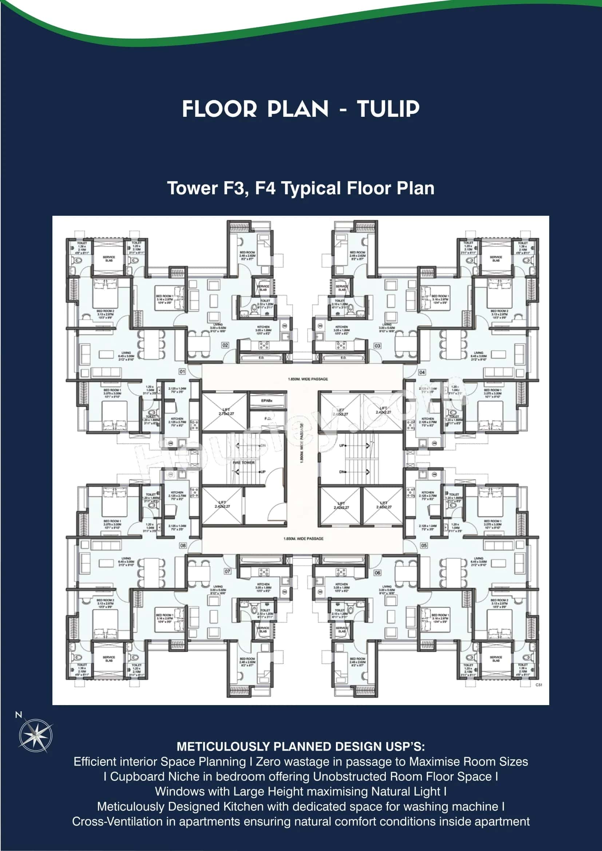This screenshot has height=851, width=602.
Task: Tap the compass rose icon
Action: point(36,736)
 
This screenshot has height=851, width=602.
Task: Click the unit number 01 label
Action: point(182,371)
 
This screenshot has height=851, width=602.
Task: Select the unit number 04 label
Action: point(422,372)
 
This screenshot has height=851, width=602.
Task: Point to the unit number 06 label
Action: point(377,573)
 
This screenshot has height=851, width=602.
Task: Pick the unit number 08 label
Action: point(183,546)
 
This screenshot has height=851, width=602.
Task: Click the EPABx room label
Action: point(266,401)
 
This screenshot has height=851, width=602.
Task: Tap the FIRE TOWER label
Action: point(243,462)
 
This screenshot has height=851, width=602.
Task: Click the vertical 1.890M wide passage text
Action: point(302,444)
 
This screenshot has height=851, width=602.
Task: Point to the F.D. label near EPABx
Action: point(268,418)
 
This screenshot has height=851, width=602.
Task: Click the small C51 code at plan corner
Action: point(539,685)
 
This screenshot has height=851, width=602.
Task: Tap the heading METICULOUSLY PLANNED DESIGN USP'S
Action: point(301,747)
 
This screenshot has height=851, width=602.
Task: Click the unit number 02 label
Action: point(225,345)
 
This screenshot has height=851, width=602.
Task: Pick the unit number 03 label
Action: point(377,345)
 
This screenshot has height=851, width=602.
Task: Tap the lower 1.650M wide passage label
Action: point(303,538)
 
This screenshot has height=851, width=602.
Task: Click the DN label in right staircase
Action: point(342,472)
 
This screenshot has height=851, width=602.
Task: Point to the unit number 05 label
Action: point(424,546)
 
